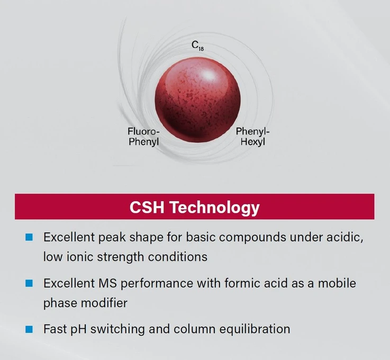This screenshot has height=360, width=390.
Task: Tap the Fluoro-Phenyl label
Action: [x=143, y=136]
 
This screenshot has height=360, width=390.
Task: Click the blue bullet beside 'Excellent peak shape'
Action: [x=29, y=236]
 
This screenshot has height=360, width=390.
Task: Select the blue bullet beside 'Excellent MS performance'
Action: [x=29, y=283]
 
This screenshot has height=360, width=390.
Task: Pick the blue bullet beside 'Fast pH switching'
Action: [x=29, y=329]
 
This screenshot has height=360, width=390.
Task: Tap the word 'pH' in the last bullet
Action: [x=77, y=329]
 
